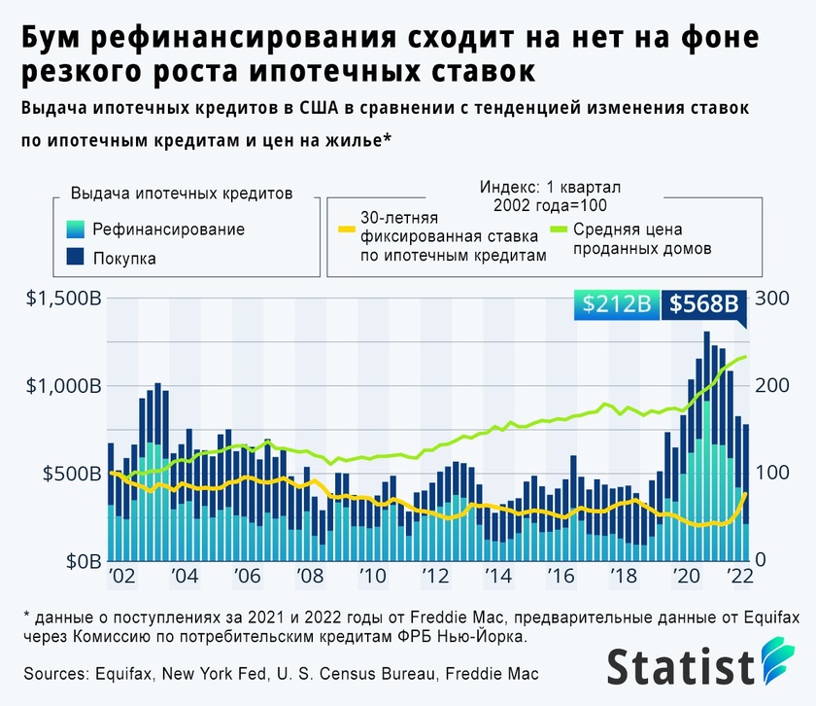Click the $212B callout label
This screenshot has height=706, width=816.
tap(616, 304)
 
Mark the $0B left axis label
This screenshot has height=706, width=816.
tap(78, 562)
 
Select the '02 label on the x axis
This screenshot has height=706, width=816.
tap(122, 577)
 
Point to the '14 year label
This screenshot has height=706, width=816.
tap(498, 577)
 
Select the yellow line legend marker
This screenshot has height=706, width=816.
tap(345, 230)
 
